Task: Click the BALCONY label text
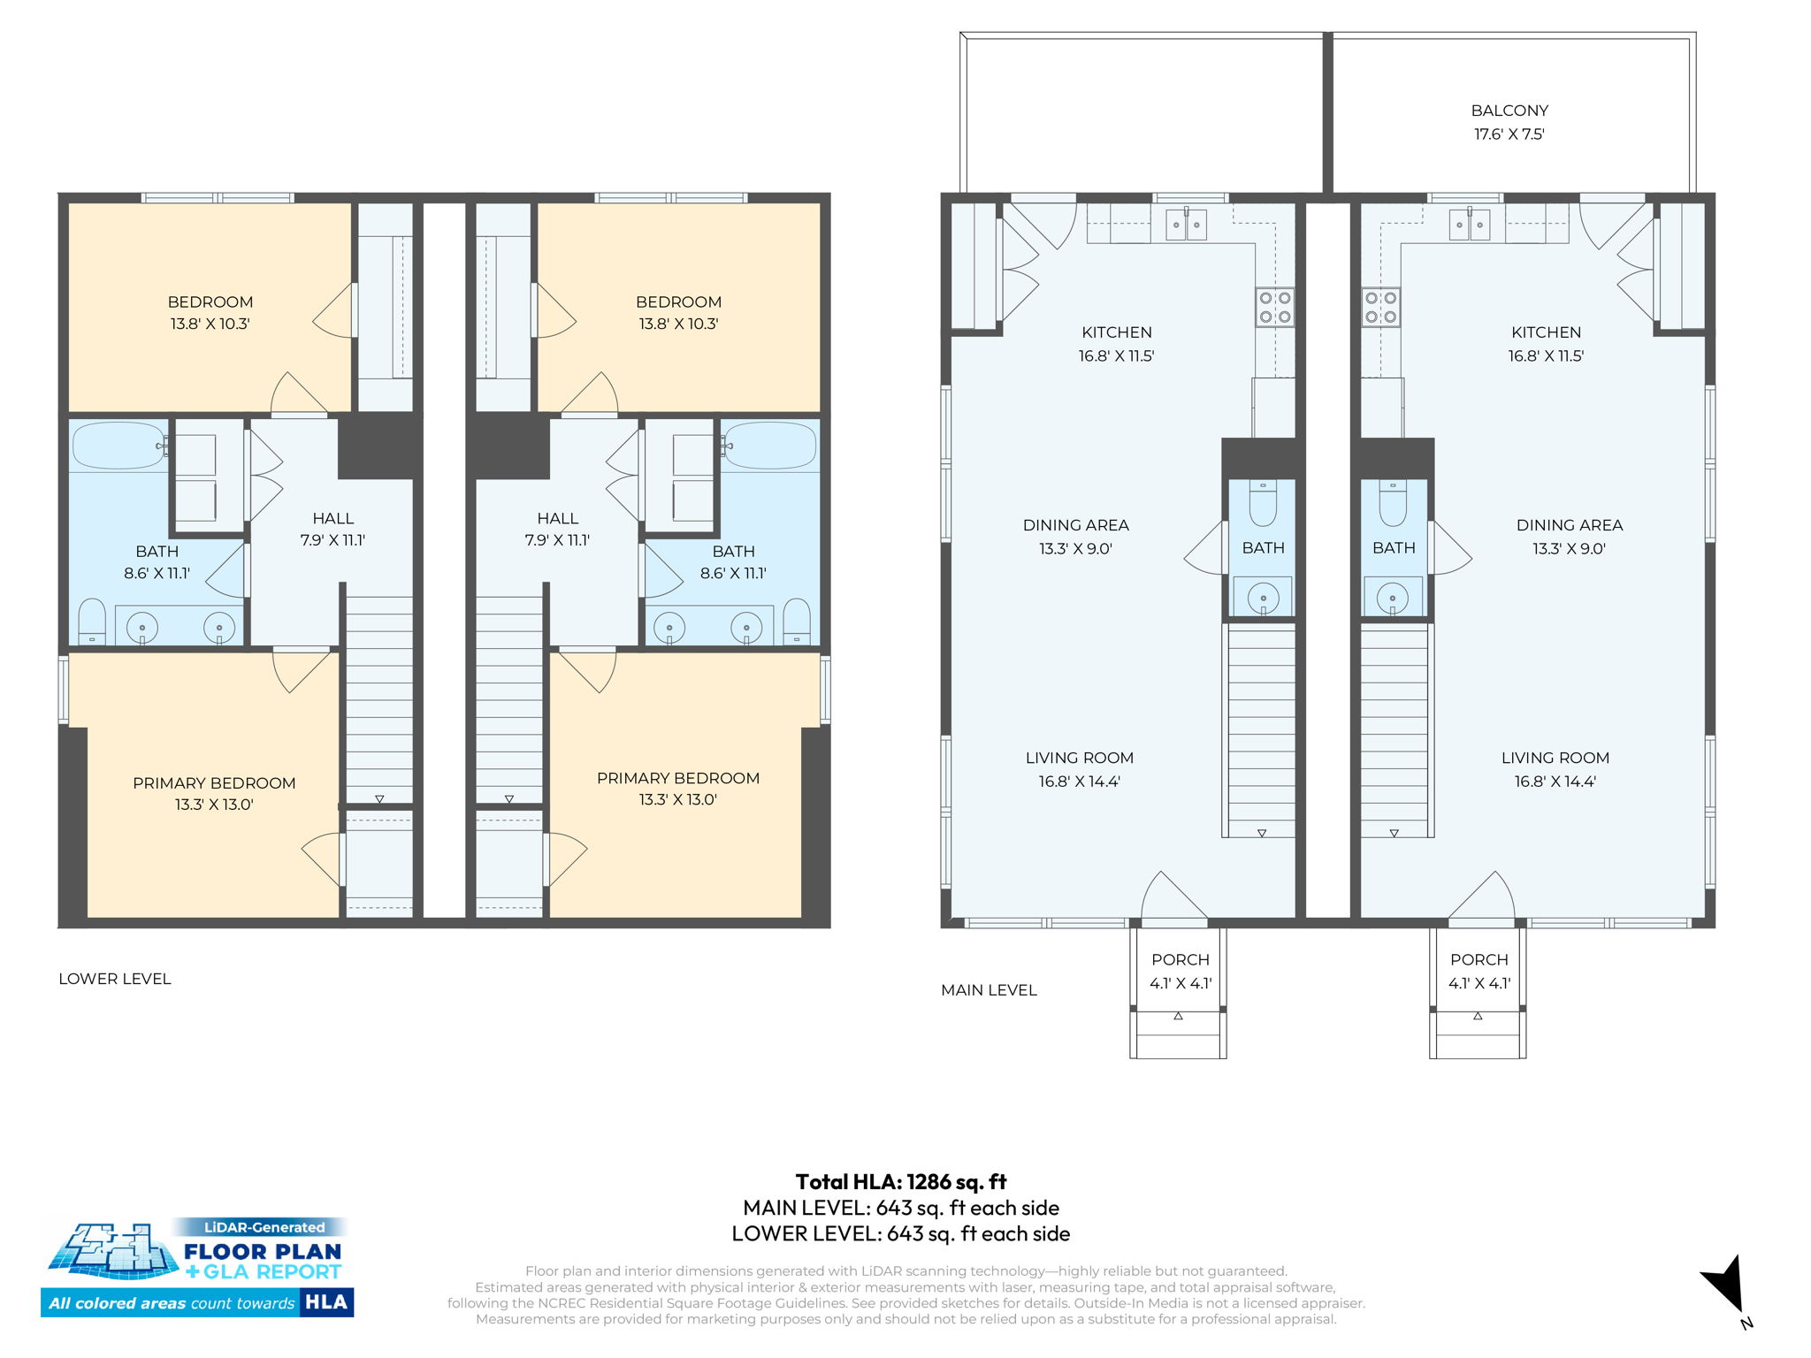tap(1509, 111)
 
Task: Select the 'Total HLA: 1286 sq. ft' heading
tap(900, 1182)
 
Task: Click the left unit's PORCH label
tap(1180, 960)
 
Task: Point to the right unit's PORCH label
tap(1479, 960)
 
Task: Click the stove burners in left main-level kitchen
tap(1275, 308)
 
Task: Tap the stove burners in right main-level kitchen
tap(1380, 308)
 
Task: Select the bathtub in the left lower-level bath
tap(118, 446)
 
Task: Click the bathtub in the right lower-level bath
tap(770, 446)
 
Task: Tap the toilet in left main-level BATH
tap(1263, 506)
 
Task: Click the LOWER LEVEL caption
tap(115, 979)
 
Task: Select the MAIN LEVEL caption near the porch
tap(989, 990)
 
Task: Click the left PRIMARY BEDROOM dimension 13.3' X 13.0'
tap(214, 805)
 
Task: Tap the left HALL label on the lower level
tap(332, 519)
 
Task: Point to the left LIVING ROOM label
tap(1079, 759)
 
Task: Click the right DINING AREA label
tap(1569, 525)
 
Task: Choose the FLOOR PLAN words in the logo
tap(263, 1251)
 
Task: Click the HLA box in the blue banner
tap(326, 1302)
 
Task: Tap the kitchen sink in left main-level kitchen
tap(1185, 225)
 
